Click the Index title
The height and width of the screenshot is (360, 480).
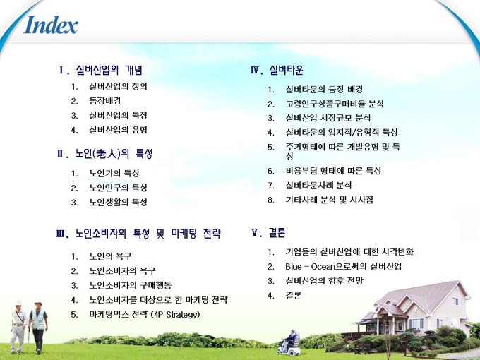[51, 25]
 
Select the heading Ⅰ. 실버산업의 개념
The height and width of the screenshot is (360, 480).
[101, 70]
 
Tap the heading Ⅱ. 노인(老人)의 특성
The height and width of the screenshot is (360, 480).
[104, 153]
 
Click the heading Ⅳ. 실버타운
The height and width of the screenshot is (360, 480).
[277, 70]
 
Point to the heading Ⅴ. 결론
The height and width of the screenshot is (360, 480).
[268, 233]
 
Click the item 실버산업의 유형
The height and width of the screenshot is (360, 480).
[118, 130]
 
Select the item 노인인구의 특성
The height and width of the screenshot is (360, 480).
[118, 187]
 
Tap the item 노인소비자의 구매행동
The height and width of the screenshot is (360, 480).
[130, 285]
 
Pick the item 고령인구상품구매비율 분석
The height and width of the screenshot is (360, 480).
[335, 104]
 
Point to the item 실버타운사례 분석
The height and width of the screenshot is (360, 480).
[318, 185]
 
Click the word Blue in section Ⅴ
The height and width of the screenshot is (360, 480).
[293, 266]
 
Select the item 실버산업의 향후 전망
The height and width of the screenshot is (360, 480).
[324, 281]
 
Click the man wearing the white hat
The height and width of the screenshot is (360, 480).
[18, 327]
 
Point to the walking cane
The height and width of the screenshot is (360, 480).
[28, 341]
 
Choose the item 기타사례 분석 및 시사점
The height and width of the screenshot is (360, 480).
[329, 200]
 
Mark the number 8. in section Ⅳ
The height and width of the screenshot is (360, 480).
[271, 200]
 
